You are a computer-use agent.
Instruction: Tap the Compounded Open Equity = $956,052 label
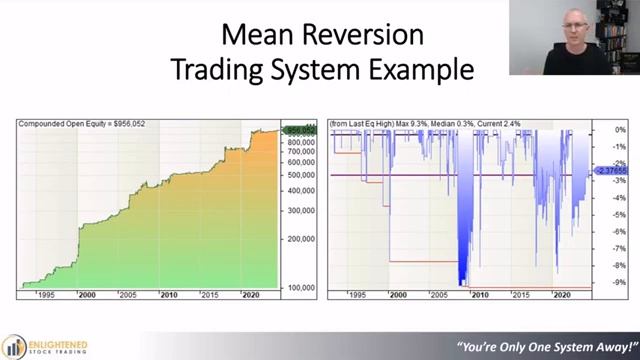[82, 124]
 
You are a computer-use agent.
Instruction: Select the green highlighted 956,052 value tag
[300, 130]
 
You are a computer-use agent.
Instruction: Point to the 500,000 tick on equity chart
[301, 176]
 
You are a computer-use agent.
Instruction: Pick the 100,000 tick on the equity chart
[301, 288]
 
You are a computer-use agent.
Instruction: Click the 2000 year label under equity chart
[87, 295]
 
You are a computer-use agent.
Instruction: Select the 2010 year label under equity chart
[168, 295]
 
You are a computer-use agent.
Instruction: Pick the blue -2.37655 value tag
[610, 171]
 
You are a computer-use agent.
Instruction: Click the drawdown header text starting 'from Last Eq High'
[424, 124]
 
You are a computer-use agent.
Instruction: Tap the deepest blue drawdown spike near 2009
[462, 270]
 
